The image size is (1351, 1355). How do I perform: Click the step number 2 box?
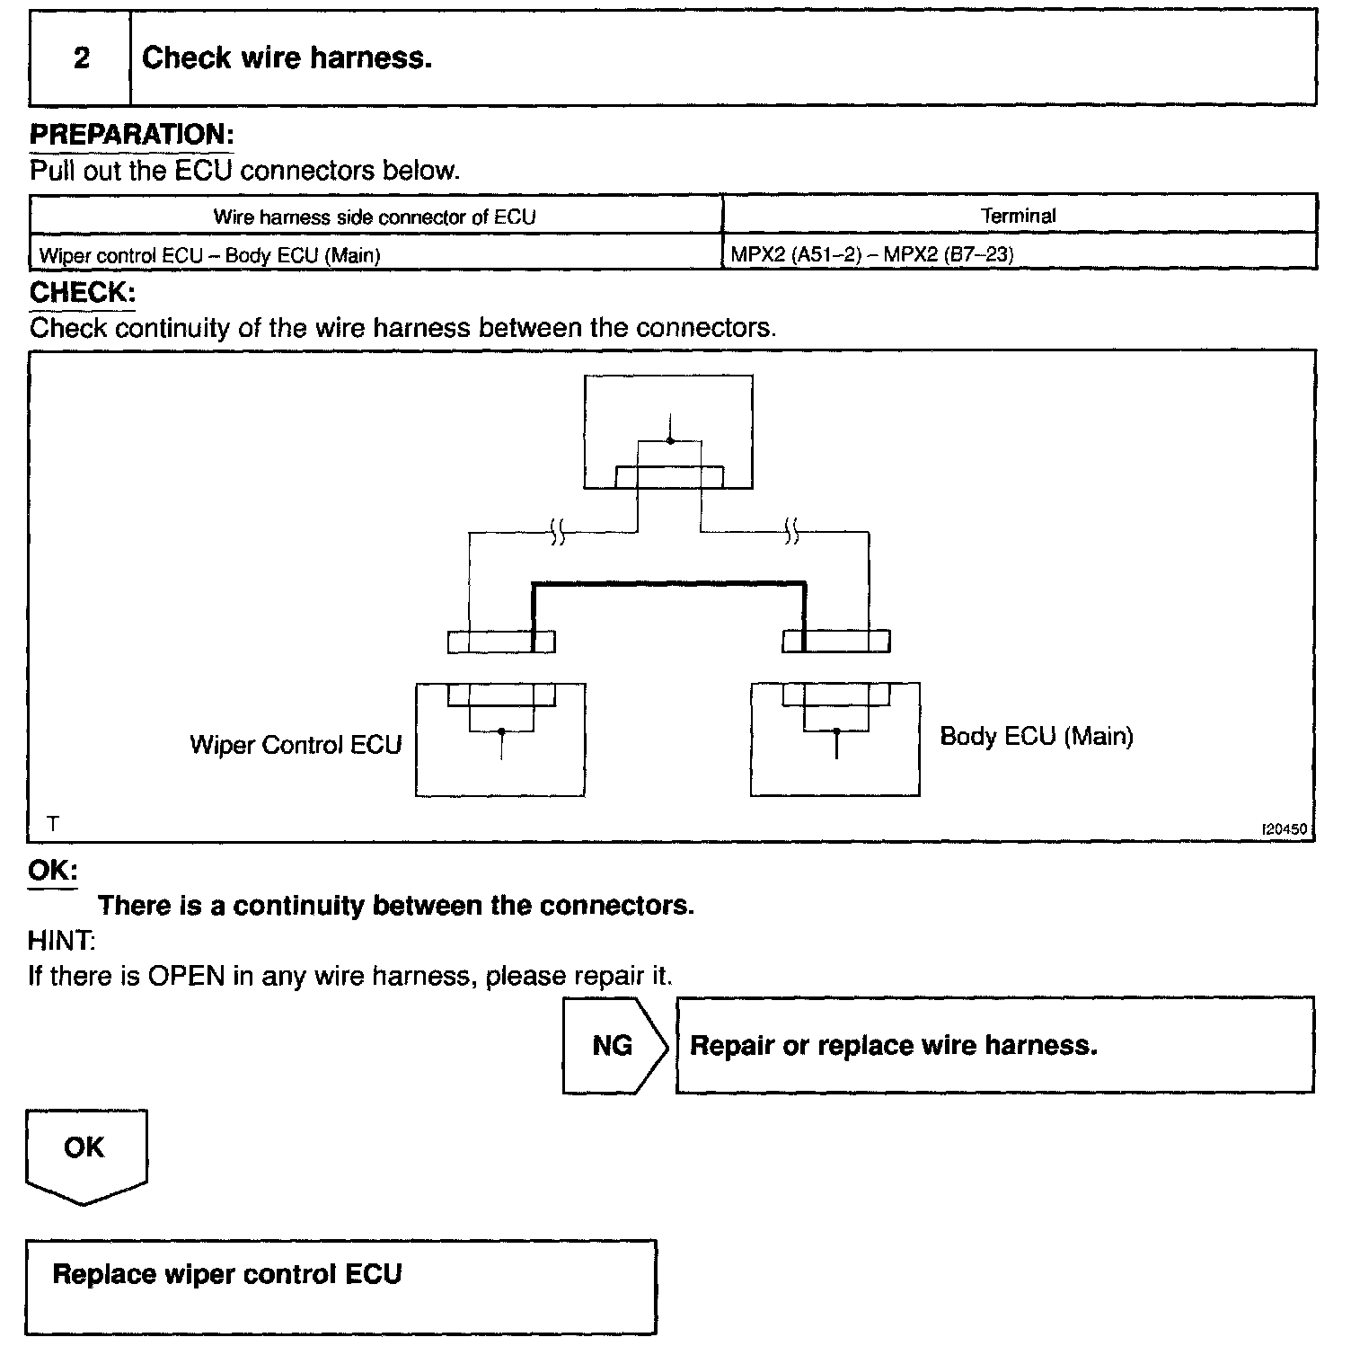pos(81,58)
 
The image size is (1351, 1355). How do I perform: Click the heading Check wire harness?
pos(287,58)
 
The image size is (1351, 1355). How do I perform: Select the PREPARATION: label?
pos(131,135)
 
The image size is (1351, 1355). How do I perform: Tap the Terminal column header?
pos(1018,216)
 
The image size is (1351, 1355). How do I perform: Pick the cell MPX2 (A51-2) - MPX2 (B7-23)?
pos(871,254)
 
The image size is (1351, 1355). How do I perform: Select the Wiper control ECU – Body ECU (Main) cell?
pos(210,255)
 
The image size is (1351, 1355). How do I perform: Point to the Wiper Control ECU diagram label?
pos(296,745)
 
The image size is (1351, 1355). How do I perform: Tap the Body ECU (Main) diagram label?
pos(1036,736)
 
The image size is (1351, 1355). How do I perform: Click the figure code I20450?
pos(1285,829)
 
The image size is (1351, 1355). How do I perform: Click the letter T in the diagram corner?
pos(53,823)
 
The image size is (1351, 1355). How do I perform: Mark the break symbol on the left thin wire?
pos(558,532)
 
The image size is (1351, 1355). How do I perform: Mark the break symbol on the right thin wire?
pos(791,532)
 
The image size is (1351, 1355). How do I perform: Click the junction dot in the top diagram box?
pos(669,440)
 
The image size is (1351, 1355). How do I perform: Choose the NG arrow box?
pos(614,1045)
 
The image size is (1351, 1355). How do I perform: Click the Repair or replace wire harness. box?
pos(993,1045)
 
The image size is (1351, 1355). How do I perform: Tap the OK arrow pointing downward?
pos(84,1154)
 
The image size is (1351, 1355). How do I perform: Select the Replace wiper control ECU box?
pos(340,1287)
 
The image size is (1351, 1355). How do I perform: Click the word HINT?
pos(61,941)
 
